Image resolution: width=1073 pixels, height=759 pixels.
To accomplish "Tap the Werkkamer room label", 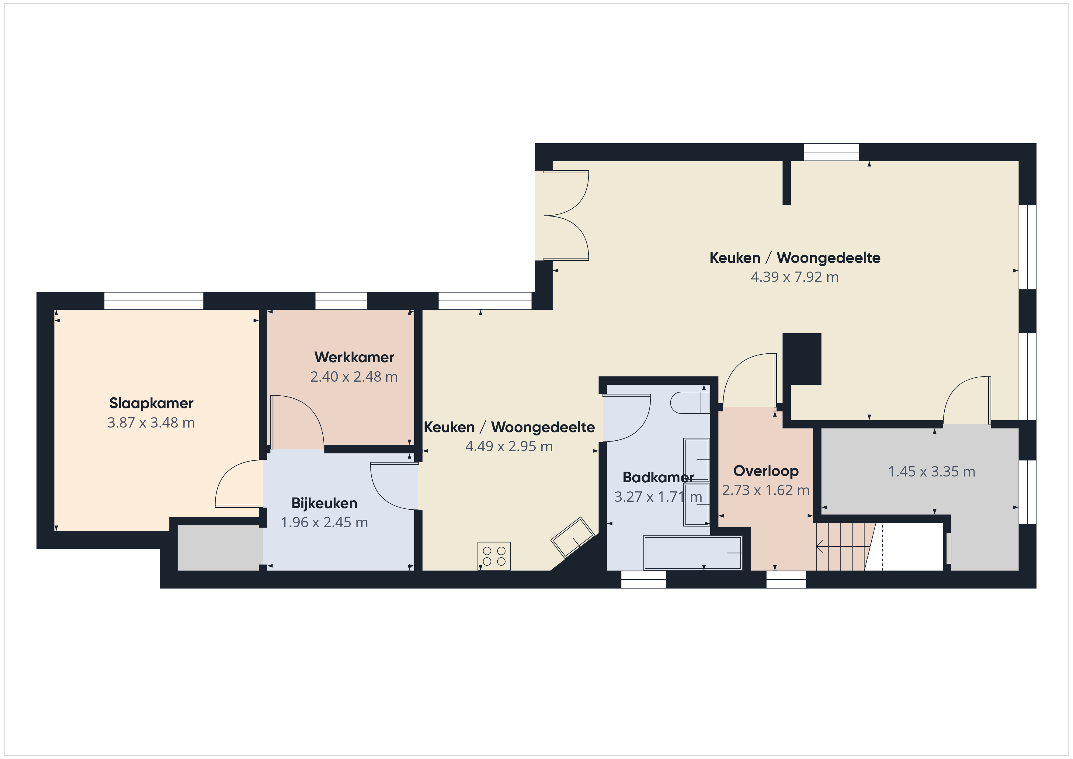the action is [x=354, y=357].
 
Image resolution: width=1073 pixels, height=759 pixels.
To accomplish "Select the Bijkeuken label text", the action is [x=324, y=503].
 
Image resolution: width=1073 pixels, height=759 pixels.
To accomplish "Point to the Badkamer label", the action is [x=658, y=477].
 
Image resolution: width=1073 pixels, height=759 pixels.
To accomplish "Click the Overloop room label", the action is [x=766, y=471].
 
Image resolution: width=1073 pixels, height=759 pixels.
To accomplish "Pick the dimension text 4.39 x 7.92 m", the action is [x=794, y=277].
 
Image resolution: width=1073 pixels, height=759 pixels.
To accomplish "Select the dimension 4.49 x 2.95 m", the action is [x=509, y=446].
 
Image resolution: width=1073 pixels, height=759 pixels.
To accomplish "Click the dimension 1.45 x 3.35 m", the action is [x=931, y=472].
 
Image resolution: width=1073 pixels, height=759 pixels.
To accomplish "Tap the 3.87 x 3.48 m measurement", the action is [x=151, y=422].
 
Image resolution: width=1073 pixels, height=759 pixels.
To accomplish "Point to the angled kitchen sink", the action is [x=572, y=537].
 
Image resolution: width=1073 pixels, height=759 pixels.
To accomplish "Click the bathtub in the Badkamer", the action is [x=693, y=553].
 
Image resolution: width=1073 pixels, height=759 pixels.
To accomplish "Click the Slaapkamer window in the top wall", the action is [x=154, y=301].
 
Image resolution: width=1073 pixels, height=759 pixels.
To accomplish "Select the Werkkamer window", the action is [x=341, y=301].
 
